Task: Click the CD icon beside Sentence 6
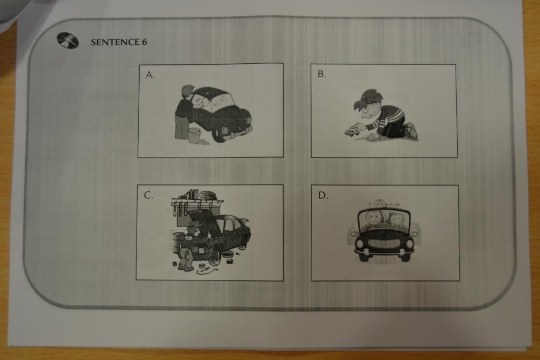point(68,41)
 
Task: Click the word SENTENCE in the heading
point(115,42)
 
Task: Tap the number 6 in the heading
point(144,42)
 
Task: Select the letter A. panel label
point(150,75)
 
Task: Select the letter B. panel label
point(322,74)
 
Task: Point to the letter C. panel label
point(148,196)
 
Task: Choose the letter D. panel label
point(323,196)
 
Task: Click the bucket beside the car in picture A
point(194,135)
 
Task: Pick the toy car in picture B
point(351,131)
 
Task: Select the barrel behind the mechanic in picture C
point(177,242)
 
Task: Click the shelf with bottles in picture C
point(197,200)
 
